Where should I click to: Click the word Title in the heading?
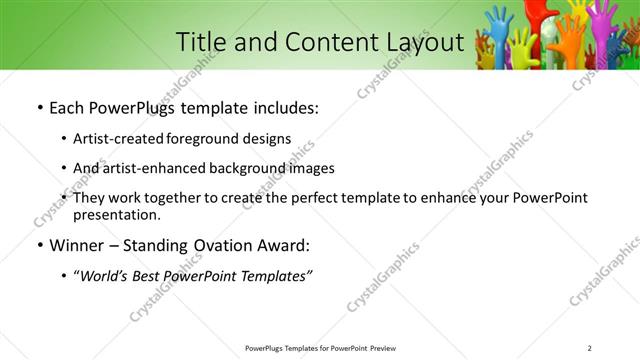click(201, 42)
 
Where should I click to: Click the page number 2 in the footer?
click(590, 348)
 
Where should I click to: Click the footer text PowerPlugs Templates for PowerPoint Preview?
click(319, 348)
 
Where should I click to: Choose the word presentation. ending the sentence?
click(116, 214)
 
